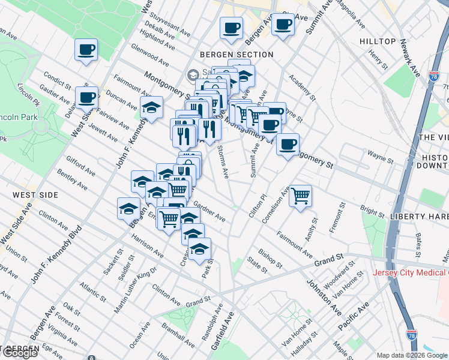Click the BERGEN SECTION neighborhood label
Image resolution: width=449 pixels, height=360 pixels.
(x=238, y=55)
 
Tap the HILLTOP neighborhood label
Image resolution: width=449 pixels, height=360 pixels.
(x=378, y=41)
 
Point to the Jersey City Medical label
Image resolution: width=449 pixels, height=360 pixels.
(x=411, y=273)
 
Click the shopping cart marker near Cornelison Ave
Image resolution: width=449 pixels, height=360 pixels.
(x=300, y=195)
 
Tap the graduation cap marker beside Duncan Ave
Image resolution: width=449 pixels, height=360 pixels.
(x=151, y=108)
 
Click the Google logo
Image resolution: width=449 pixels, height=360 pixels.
(x=20, y=353)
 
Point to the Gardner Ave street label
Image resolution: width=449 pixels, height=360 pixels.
(x=209, y=211)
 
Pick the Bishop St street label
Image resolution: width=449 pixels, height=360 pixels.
(x=270, y=257)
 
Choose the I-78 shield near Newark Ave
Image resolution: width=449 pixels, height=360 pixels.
(x=433, y=77)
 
